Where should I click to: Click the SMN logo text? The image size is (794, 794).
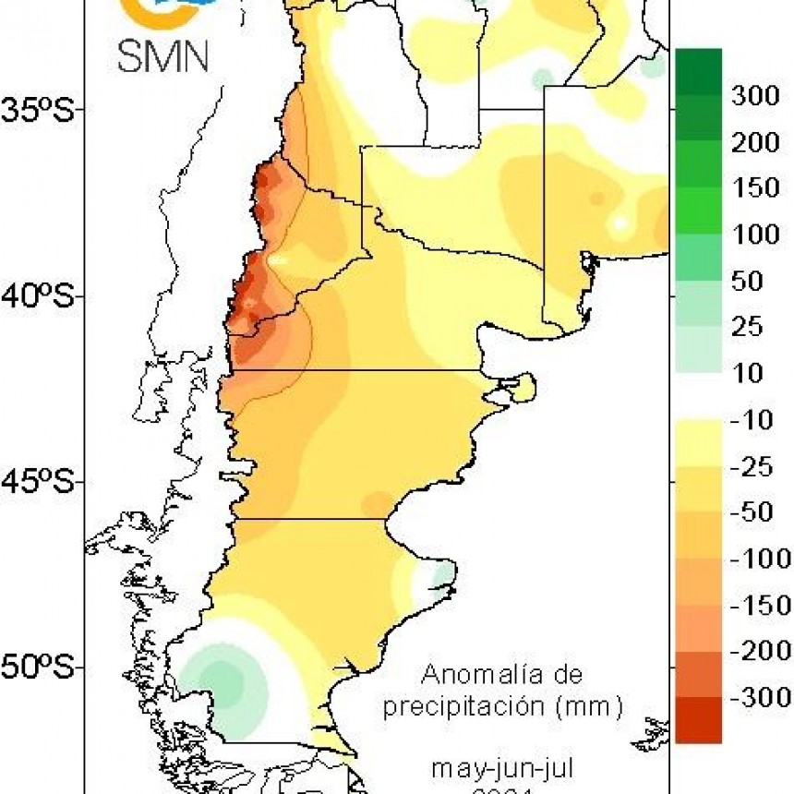coord(163,55)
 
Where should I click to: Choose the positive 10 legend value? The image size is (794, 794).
coord(746,373)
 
